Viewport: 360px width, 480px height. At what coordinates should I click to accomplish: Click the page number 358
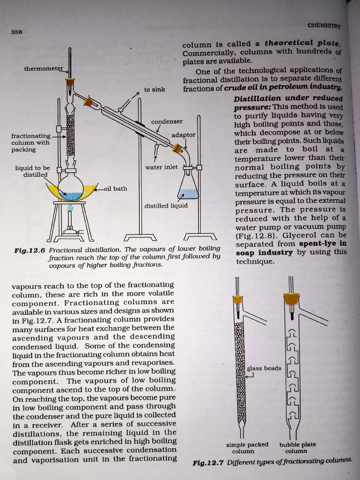17,32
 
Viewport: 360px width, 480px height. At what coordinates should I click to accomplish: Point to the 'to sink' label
154,89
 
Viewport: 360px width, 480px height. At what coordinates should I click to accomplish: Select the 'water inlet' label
161,167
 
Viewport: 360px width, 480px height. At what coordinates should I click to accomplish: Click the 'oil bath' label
115,188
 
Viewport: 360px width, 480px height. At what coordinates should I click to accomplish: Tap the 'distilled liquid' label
166,205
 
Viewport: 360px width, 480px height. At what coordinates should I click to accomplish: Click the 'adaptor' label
183,135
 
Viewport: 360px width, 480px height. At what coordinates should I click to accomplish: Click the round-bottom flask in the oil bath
71,187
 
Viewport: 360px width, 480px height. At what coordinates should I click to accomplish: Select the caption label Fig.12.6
29,250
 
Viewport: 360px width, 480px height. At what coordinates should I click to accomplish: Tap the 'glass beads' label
264,368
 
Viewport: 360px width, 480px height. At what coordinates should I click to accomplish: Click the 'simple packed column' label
247,448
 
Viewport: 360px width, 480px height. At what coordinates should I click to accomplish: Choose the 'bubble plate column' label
298,448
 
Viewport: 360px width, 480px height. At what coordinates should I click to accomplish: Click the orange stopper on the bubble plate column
292,298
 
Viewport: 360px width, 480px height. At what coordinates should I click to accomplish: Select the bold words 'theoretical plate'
302,43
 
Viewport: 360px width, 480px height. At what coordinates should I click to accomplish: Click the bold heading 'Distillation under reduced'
288,98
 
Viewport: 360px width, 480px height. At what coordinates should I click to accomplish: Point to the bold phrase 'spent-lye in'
323,244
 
